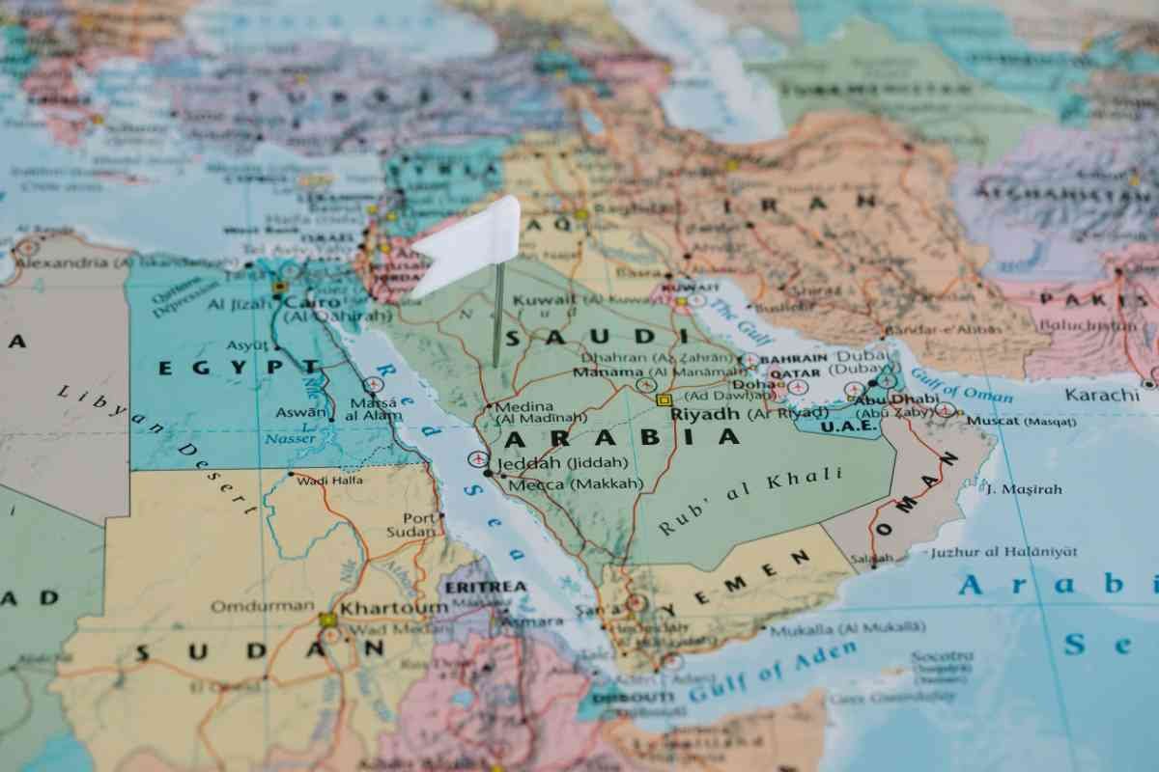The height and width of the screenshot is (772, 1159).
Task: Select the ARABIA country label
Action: click(622, 438)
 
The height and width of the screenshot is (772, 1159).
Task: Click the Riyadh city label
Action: click(705, 414)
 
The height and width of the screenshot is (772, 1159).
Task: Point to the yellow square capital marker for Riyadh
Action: click(664, 400)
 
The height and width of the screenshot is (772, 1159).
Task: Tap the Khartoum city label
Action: click(394, 608)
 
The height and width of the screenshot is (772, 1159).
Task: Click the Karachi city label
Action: click(1102, 395)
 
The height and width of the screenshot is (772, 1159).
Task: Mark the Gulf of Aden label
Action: click(772, 672)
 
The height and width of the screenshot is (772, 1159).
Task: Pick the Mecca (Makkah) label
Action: click(575, 483)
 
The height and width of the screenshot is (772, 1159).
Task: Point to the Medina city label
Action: click(524, 406)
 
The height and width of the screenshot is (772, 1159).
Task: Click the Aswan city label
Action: click(300, 412)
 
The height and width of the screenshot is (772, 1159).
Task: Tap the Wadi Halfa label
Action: click(330, 481)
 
